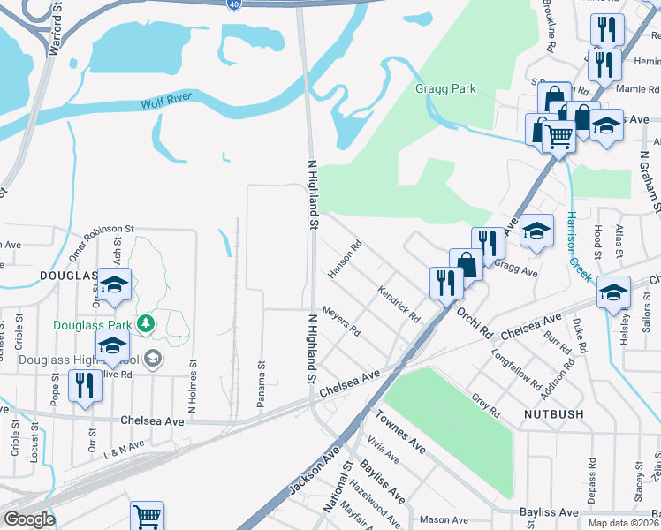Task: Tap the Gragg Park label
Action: [445, 88]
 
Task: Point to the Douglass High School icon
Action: [153, 359]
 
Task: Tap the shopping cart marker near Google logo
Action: [147, 517]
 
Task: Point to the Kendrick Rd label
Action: [398, 303]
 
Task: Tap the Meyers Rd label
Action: [341, 322]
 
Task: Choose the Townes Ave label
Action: [399, 433]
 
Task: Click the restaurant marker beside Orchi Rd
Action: [446, 283]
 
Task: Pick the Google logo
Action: [29, 519]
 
